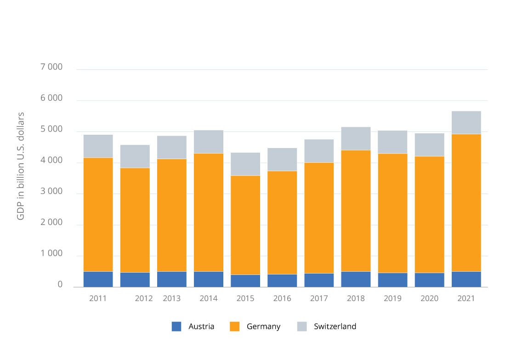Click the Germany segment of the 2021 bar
pos(466,203)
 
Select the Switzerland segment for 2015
pos(245,164)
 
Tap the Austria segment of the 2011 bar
pos(98,279)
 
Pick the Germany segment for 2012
pos(135,220)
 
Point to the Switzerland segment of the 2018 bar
pos(356,138)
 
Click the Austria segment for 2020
pos(429,280)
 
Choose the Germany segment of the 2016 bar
pos(282,223)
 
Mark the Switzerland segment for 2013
pos(172,147)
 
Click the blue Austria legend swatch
pos(176,326)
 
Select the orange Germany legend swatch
pos(234,326)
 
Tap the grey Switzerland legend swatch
pos(302,326)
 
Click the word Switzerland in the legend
pos(335,326)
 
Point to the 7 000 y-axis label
pos(51,68)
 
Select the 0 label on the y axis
pos(60,285)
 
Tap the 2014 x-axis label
pos(209,298)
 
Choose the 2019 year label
pos(392,298)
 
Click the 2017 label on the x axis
pos(319,298)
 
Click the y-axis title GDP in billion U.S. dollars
pos(21,166)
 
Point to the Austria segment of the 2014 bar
pos(209,279)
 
